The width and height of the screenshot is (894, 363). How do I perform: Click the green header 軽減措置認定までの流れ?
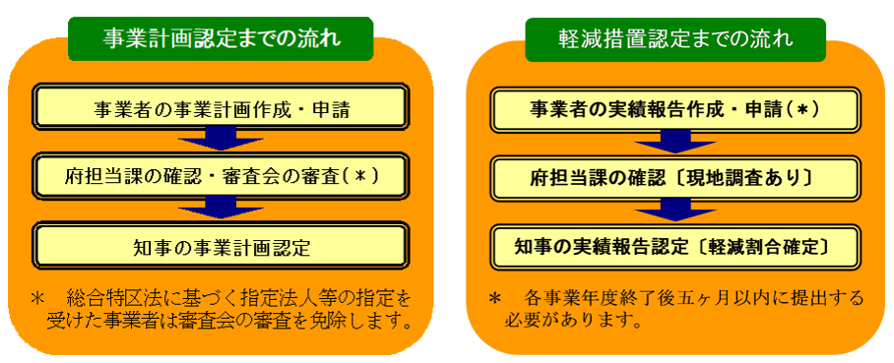(x=674, y=39)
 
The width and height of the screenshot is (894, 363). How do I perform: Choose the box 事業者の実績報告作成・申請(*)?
(x=674, y=107)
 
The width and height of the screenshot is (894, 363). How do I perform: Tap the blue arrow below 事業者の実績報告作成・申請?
(x=674, y=142)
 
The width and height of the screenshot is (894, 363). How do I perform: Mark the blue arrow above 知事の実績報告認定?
(x=674, y=209)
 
